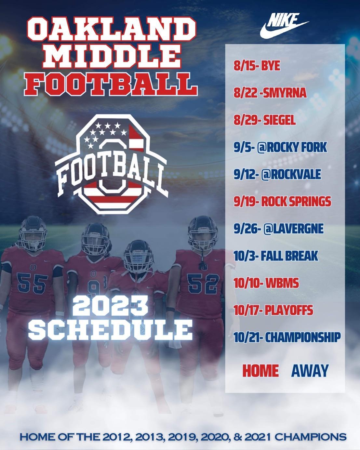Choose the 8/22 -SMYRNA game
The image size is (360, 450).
tap(270, 93)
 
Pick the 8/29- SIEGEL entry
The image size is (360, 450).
tap(264, 120)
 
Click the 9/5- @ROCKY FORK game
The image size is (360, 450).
tap(280, 147)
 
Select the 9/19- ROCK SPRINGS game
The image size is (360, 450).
tap(282, 202)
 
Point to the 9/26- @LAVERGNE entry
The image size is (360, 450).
tap(278, 229)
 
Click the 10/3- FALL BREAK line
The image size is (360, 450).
tap(276, 256)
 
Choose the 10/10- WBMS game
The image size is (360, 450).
tap(266, 283)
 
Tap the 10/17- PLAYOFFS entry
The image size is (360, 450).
tap(273, 310)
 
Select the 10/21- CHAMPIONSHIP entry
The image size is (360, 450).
tap(287, 337)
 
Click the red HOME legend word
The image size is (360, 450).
tap(260, 370)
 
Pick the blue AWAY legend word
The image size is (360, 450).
tap(310, 370)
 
